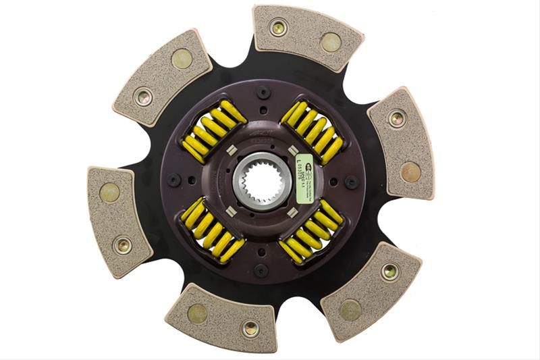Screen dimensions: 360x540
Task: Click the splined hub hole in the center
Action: [260, 180]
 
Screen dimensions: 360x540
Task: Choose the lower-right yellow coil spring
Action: [311, 230]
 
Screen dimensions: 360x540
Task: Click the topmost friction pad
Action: [306, 36]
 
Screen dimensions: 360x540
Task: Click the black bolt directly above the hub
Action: [261, 93]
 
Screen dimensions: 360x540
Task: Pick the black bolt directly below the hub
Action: [261, 269]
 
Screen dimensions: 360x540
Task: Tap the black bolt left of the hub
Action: [173, 180]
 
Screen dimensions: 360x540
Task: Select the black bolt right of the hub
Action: [351, 181]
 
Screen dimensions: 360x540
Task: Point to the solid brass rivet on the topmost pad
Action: [331, 42]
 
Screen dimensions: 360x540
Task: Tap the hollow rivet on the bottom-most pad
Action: [250, 329]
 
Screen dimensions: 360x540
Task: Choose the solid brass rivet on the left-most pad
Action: [109, 193]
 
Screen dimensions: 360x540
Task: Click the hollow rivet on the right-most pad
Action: [398, 118]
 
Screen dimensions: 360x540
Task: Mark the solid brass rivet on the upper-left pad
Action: [182, 59]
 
